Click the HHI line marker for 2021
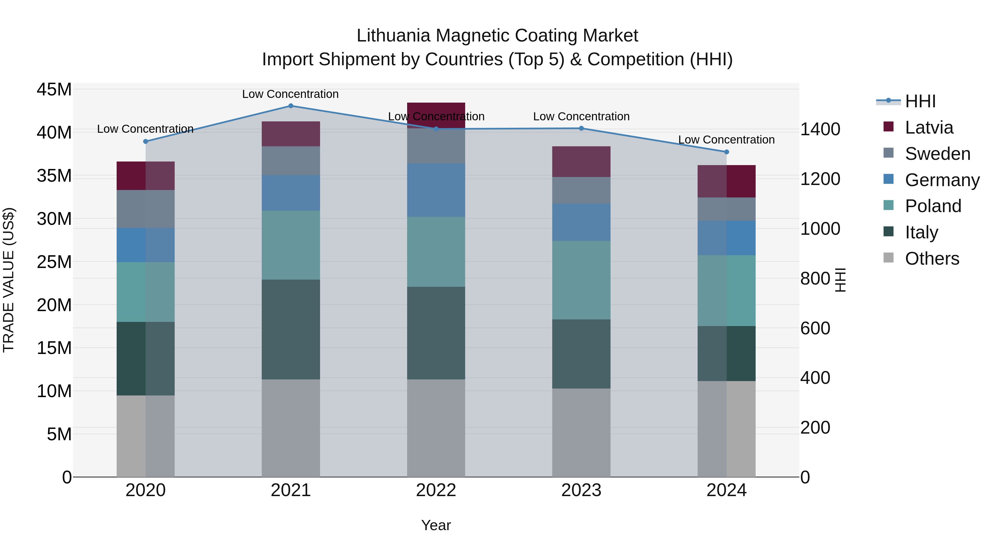[x=291, y=106]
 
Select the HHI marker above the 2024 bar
[x=727, y=152]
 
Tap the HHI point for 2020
[x=146, y=141]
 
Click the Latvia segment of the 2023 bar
[x=581, y=162]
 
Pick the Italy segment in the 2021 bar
[x=291, y=329]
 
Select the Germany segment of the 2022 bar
[x=436, y=190]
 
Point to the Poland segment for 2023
[x=581, y=280]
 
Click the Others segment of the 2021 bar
[x=291, y=428]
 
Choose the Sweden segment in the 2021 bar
[x=291, y=161]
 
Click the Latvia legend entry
[x=929, y=127]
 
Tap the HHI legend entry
[x=920, y=101]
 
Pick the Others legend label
[x=932, y=259]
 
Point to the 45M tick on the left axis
[x=54, y=90]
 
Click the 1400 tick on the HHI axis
[x=820, y=129]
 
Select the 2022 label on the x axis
[x=436, y=490]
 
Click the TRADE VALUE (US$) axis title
[x=9, y=280]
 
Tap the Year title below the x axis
[x=436, y=525]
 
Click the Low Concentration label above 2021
[x=290, y=94]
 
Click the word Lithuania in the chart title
[x=393, y=36]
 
